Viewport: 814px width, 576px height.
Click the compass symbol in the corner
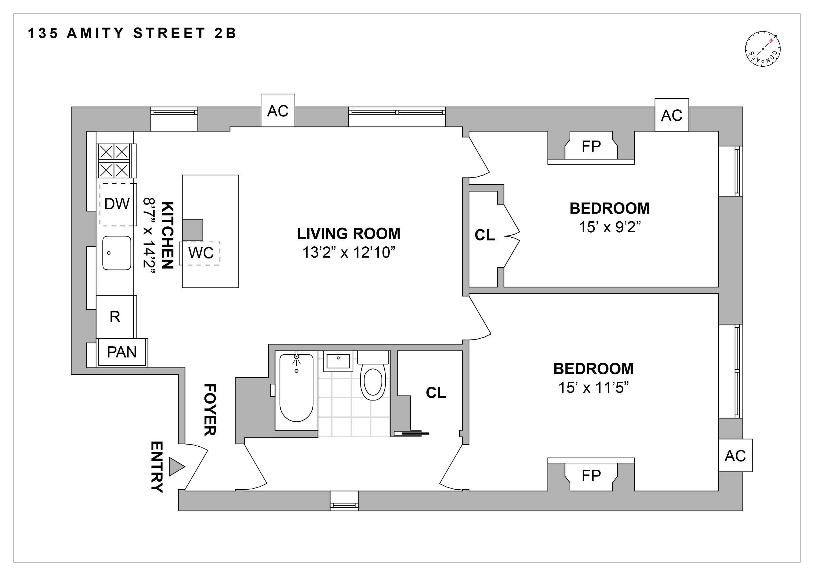[x=763, y=49]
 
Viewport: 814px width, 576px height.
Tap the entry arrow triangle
[x=176, y=466]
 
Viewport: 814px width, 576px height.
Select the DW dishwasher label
[x=117, y=204]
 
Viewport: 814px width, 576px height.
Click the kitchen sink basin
[x=117, y=253]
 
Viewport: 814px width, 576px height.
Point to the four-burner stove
[x=114, y=161]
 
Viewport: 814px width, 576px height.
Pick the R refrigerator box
[x=115, y=317]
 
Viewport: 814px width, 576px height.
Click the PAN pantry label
[x=122, y=352]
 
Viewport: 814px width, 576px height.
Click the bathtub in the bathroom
[x=296, y=390]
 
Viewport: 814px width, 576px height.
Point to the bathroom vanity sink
[x=338, y=361]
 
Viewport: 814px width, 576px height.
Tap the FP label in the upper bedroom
[x=591, y=146]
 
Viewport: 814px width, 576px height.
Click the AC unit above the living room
[x=277, y=111]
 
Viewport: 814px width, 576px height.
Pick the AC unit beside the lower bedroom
[x=735, y=456]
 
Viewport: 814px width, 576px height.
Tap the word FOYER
[x=209, y=410]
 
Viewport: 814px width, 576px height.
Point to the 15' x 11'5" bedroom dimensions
[x=593, y=388]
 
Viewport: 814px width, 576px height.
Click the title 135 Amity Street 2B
[x=132, y=33]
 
